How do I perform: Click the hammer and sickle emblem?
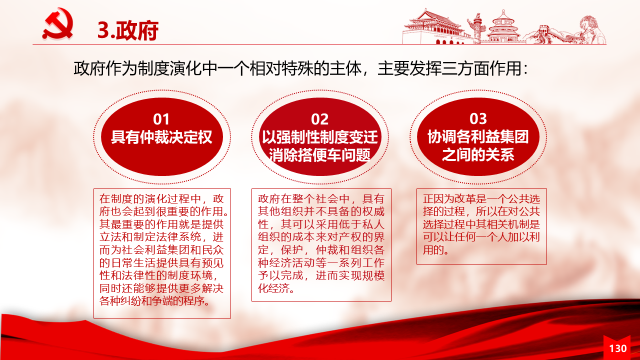click(x=58, y=23)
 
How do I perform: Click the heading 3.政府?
click(x=127, y=30)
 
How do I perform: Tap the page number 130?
click(x=617, y=348)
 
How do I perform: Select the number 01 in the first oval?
click(x=161, y=119)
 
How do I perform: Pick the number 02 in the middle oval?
click(x=319, y=119)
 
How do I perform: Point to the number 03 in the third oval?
click(x=478, y=118)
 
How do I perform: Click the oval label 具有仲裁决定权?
click(x=161, y=137)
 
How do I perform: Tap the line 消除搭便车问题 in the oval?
click(x=319, y=155)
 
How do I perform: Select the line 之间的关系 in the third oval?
click(x=478, y=154)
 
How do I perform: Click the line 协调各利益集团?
click(x=478, y=136)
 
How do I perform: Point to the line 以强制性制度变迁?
click(x=319, y=137)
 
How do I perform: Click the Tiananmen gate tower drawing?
click(x=435, y=27)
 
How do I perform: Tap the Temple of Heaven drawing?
click(x=503, y=27)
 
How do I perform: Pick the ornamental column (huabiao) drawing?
click(x=477, y=28)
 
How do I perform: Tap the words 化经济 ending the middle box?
click(x=273, y=288)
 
